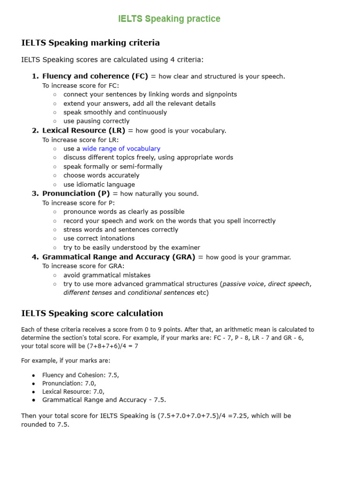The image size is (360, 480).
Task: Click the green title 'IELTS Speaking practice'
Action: [169, 19]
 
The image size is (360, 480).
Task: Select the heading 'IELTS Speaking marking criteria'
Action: [90, 43]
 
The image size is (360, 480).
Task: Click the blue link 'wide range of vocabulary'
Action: [121, 149]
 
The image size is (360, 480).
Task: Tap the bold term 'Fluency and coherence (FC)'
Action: [95, 76]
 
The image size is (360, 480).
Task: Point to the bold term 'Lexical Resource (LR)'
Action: [84, 130]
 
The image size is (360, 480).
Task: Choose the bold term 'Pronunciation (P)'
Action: [76, 194]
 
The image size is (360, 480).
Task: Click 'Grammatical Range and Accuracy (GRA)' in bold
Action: [119, 257]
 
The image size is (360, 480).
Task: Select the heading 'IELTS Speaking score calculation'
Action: [92, 313]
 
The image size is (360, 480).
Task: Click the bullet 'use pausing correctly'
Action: [97, 121]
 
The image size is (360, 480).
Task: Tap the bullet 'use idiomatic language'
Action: [99, 185]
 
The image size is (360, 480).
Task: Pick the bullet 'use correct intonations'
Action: [99, 239]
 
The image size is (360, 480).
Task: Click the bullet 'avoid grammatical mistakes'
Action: [107, 275]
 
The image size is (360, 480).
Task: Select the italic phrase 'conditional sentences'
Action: [161, 293]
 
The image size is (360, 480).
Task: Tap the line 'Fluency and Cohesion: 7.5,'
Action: [81, 375]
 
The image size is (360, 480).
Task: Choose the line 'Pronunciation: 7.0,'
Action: [69, 383]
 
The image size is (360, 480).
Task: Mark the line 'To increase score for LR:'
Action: [81, 140]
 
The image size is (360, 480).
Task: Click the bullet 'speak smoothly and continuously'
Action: [115, 112]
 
